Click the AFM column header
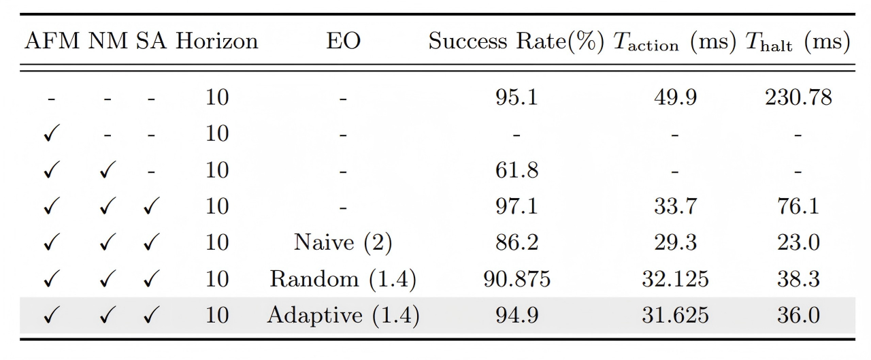[53, 42]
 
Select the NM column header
[108, 42]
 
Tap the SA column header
[151, 42]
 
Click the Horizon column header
[217, 42]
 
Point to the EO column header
[343, 42]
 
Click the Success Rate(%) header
[516, 42]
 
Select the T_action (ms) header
[674, 43]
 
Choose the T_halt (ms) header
[798, 43]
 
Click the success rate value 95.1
[516, 97]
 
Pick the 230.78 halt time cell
[798, 97]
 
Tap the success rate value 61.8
[516, 170]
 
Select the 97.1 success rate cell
[516, 206]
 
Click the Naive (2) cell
[343, 243]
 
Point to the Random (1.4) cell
[343, 279]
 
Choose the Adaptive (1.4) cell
[343, 316]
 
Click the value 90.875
[516, 279]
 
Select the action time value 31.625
[674, 316]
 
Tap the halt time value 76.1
[798, 206]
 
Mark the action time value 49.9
[674, 97]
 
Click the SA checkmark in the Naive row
[151, 243]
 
